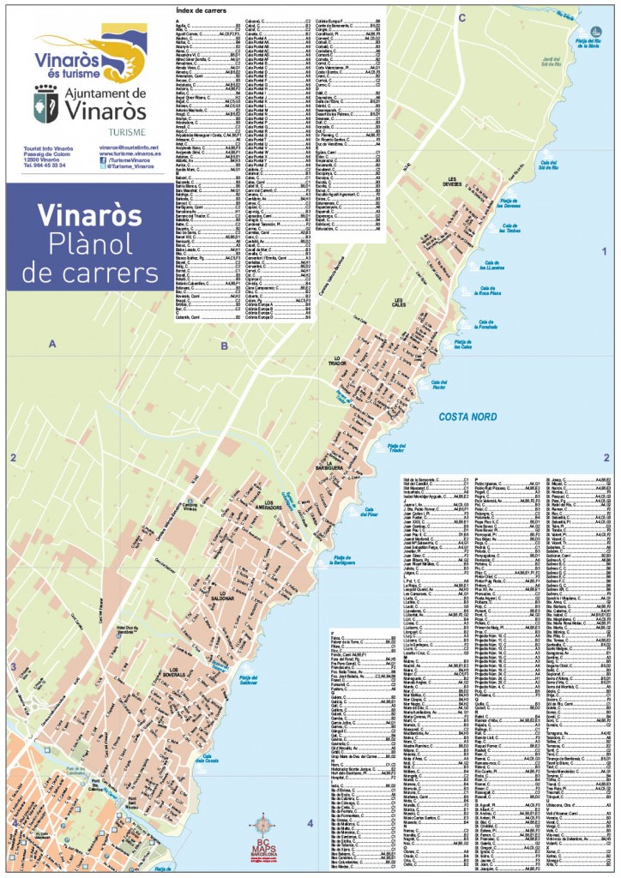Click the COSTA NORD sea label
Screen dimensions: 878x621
tap(467, 418)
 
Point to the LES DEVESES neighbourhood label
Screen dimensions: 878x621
tap(452, 182)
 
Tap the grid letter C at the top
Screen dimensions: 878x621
tap(461, 16)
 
